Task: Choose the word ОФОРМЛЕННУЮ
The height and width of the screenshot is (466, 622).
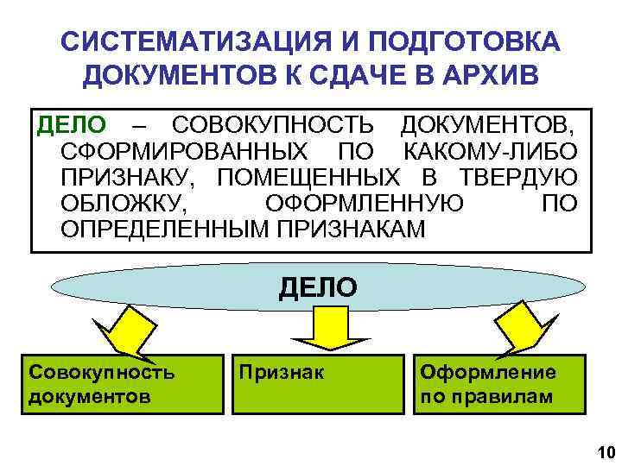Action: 364,205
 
